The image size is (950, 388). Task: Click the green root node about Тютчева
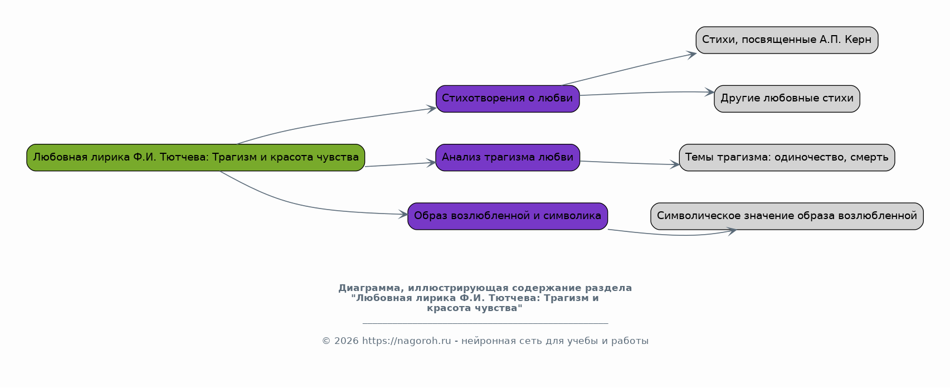[196, 157]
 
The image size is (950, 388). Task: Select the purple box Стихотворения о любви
[508, 99]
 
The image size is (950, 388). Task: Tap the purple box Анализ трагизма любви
[508, 157]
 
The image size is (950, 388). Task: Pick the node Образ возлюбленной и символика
[508, 216]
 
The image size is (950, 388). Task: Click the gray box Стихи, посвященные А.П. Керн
[787, 40]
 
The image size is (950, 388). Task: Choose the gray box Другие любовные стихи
[787, 99]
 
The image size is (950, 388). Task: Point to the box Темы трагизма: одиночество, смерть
[787, 157]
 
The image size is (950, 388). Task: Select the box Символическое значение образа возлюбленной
[787, 216]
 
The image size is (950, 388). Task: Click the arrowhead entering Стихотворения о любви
[432, 109]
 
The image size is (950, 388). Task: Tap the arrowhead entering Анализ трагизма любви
[431, 163]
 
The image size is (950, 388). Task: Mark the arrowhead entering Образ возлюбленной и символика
[403, 215]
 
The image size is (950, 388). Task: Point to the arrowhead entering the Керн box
[691, 54]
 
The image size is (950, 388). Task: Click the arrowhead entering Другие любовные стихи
[709, 93]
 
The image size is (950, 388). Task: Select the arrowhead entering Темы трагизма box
[675, 165]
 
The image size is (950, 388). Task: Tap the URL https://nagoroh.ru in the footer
[406, 341]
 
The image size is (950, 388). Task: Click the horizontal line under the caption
[485, 323]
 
